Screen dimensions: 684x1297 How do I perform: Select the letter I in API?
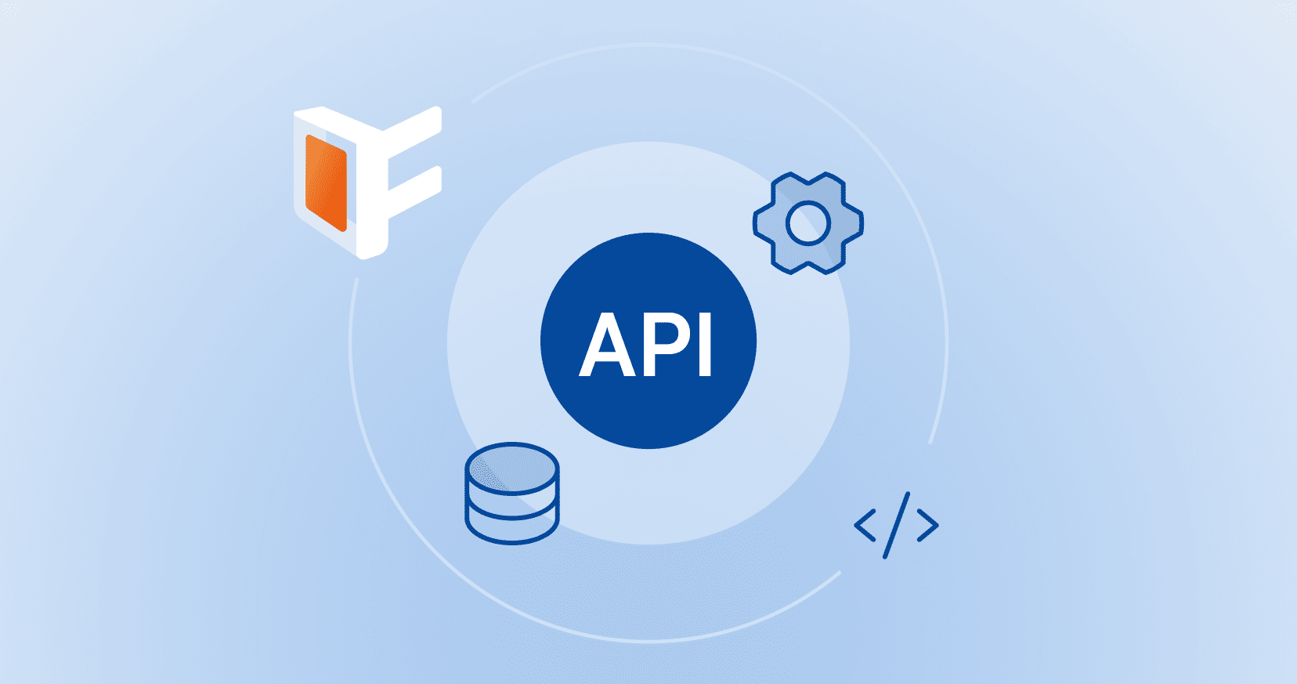704,346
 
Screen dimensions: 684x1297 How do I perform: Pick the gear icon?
807,223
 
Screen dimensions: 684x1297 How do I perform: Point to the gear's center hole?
807,223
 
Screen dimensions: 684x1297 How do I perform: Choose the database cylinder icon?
512,494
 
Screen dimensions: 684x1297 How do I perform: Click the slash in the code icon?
897,525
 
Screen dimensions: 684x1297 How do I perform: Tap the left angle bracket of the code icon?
864,525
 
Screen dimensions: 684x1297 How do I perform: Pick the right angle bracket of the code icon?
928,525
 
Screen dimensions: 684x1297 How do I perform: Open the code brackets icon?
897,525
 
